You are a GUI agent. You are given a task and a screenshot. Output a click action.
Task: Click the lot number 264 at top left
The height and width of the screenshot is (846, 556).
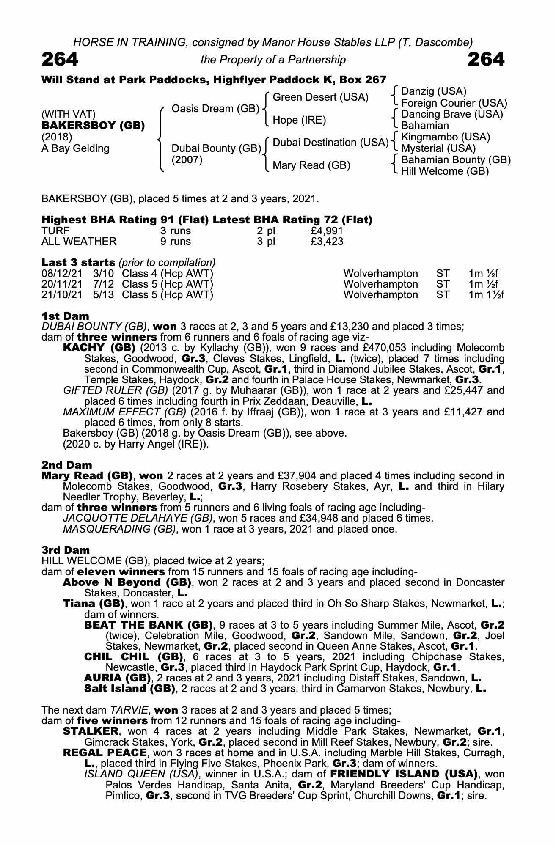coord(60,60)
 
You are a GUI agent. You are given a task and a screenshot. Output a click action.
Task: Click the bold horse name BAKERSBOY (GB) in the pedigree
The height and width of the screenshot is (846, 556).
coord(93,126)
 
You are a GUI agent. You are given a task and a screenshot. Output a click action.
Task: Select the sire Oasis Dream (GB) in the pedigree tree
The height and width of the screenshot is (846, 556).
coord(215,109)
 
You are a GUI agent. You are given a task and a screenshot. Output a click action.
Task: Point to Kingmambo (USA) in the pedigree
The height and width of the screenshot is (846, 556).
coord(445,137)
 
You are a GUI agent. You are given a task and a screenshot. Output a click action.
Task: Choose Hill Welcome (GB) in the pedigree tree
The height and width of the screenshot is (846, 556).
coord(445,171)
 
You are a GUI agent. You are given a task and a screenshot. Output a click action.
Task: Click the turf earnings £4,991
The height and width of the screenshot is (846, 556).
coord(326,231)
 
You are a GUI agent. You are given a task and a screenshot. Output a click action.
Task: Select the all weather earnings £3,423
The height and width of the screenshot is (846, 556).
coord(326,242)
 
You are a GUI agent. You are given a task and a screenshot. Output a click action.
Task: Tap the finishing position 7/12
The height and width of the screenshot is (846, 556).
coord(103,284)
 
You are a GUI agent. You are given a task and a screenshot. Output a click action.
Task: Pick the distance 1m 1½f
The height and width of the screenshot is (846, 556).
coord(486,294)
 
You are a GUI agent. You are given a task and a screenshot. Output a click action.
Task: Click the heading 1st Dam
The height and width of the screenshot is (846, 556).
coord(65,316)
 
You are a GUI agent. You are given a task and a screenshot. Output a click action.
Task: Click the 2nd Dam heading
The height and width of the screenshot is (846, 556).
coord(66,465)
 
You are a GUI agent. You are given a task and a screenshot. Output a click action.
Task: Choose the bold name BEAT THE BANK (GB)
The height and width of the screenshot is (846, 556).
coord(148,625)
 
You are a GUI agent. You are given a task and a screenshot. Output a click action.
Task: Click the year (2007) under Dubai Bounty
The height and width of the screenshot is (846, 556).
coord(187,160)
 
